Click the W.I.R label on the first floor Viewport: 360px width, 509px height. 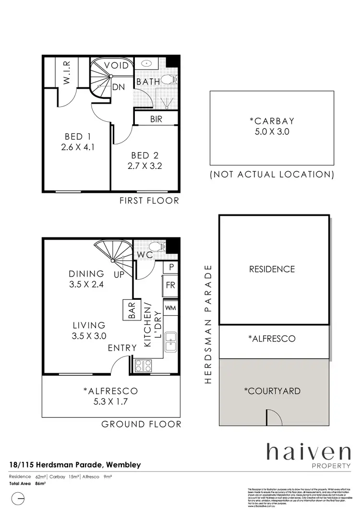[67, 72]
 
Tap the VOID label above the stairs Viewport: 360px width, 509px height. [116, 65]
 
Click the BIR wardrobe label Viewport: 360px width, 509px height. [156, 119]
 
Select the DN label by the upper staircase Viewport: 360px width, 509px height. [119, 87]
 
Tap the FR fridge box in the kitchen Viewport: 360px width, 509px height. [170, 284]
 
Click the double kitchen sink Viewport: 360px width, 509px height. [170, 342]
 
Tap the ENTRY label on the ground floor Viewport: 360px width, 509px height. [122, 348]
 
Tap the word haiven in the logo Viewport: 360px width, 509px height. [309, 452]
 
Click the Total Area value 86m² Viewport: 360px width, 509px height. [40, 484]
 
